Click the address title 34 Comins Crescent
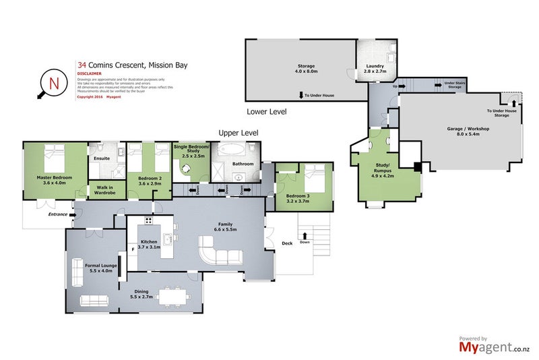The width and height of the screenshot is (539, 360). coord(132,66)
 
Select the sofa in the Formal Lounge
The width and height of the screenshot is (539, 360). coord(96,301)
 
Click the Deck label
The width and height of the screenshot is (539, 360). coord(287,243)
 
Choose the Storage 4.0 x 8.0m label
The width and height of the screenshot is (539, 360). coord(302,69)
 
